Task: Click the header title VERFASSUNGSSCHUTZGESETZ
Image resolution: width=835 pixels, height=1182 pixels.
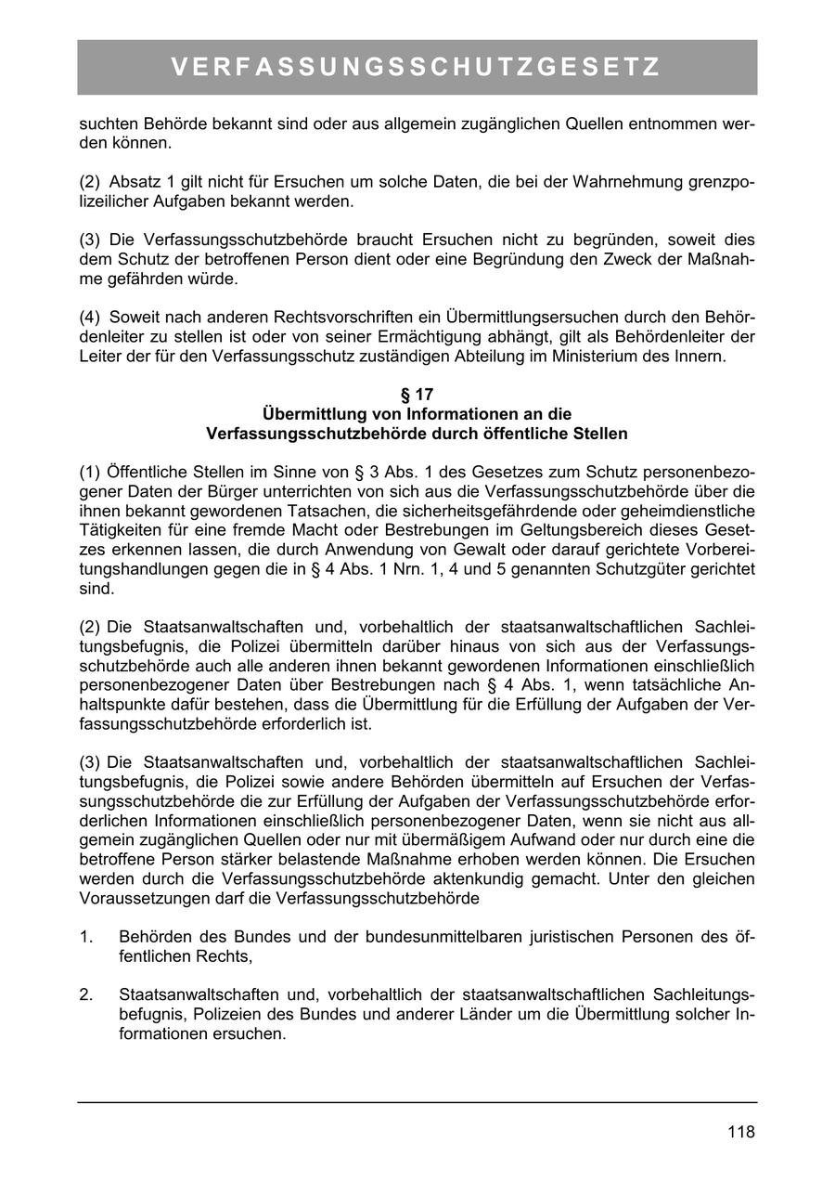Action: coord(417,68)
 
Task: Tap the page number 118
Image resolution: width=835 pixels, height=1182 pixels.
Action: coord(741,1132)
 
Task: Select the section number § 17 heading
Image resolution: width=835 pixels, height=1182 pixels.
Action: coord(417,395)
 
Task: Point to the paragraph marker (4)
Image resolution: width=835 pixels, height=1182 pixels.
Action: coord(90,318)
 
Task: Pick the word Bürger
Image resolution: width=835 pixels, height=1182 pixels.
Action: coord(232,492)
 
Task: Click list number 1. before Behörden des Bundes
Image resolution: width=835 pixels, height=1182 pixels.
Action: coord(86,937)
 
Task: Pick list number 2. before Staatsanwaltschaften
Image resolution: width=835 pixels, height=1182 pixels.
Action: coord(86,995)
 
